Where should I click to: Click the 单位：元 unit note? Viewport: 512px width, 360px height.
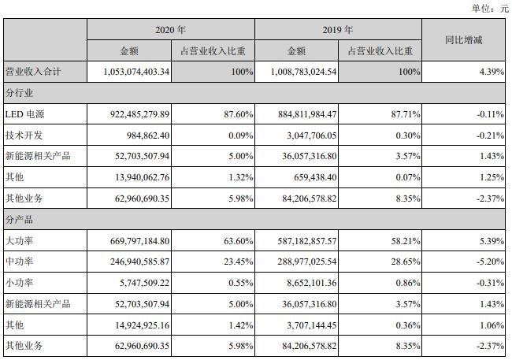(x=489, y=8)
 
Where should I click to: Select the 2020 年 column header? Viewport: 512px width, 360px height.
(x=170, y=30)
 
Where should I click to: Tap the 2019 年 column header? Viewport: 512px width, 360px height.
(x=339, y=30)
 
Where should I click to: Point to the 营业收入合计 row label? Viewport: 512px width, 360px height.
(x=33, y=72)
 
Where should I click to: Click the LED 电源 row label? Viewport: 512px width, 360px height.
(x=27, y=114)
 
